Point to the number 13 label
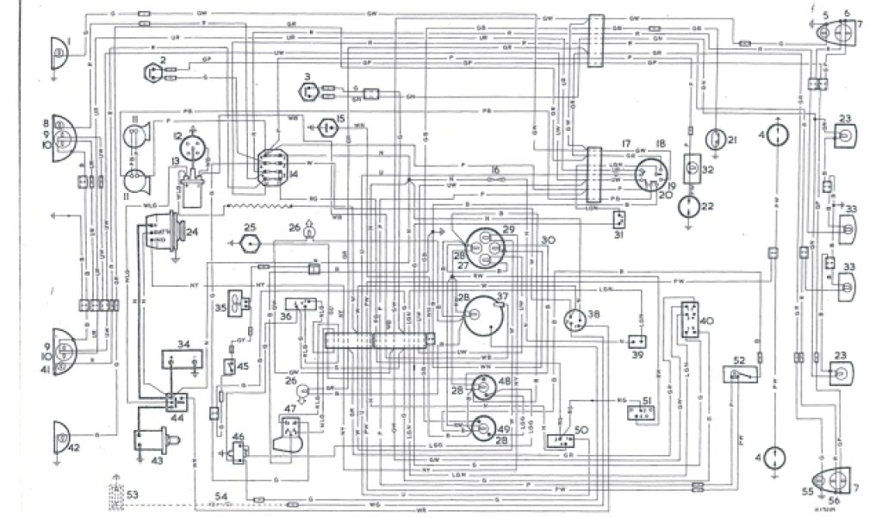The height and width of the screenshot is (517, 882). (x=176, y=163)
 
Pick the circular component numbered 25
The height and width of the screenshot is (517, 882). (x=251, y=243)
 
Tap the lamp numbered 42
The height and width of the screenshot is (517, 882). (x=61, y=439)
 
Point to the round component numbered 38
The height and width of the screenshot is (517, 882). (x=576, y=321)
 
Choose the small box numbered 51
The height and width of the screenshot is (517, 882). (x=638, y=412)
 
